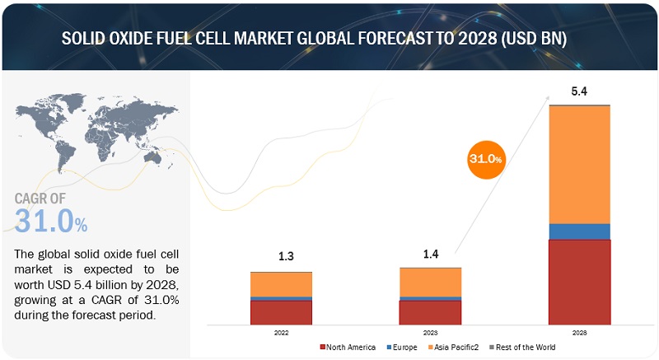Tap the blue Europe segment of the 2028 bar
click(x=579, y=231)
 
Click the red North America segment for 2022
click(x=281, y=312)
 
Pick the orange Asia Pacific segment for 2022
click(x=281, y=284)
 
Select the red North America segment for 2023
click(x=430, y=312)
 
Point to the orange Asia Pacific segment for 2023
click(x=430, y=281)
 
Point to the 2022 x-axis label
click(x=281, y=334)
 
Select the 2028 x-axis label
click(x=579, y=334)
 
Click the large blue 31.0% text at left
click(x=51, y=221)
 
